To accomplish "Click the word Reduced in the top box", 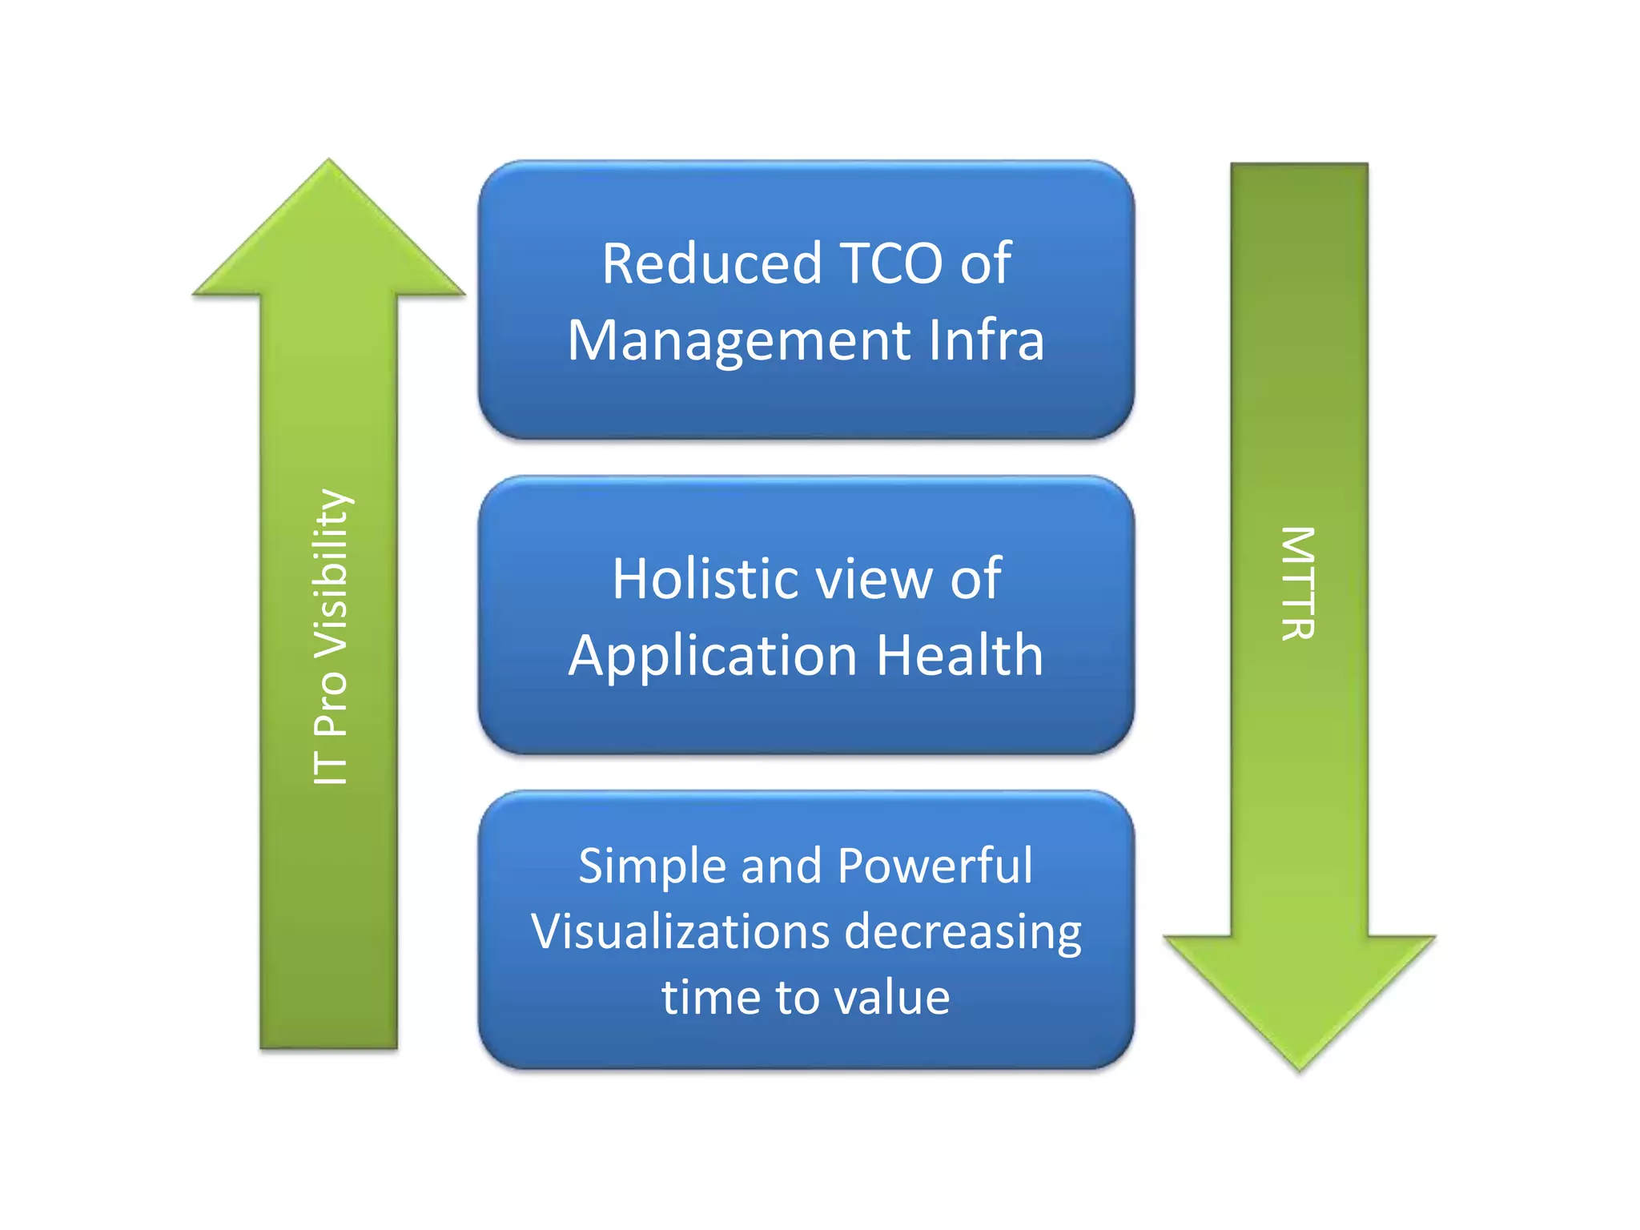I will (711, 263).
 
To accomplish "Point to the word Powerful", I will (935, 866).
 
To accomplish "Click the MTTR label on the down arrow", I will (1298, 583).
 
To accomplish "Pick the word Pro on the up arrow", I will (331, 697).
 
